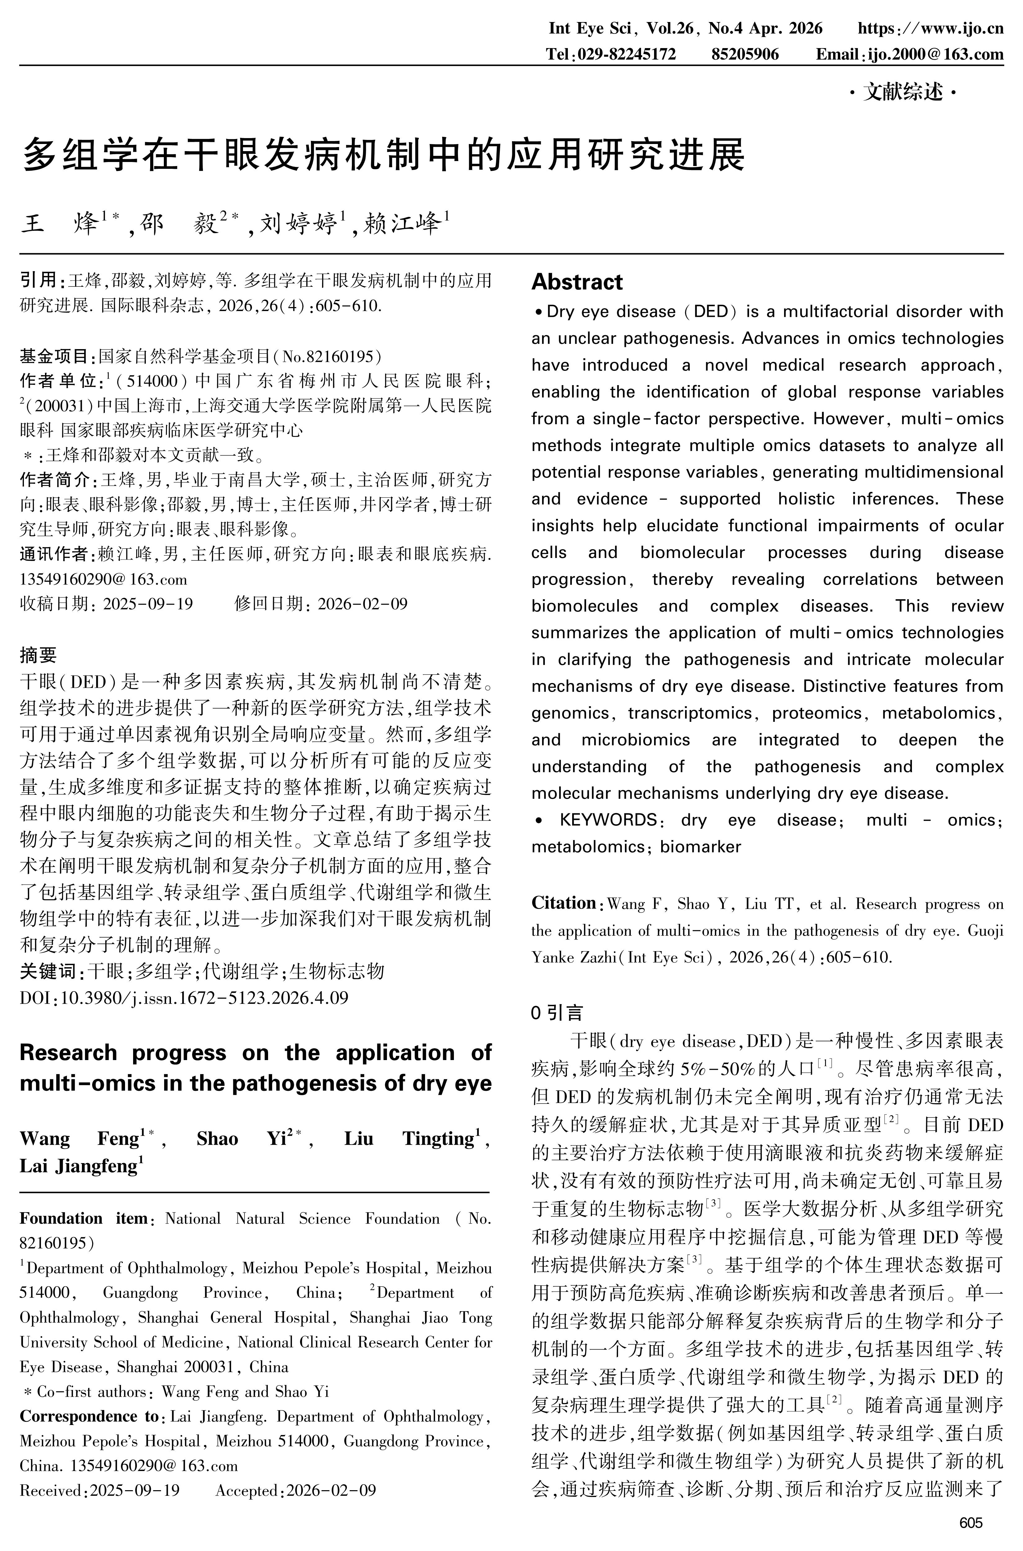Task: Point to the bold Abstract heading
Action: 577,282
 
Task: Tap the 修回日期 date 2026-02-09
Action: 362,604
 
